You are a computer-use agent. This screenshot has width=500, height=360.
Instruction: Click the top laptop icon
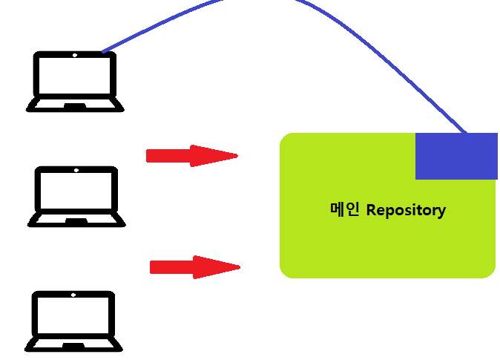coord(75,81)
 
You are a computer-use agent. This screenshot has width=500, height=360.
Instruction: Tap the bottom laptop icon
coord(73,321)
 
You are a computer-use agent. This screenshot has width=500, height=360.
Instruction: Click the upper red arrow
coord(191,156)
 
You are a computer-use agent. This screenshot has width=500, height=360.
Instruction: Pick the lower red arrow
coord(194,267)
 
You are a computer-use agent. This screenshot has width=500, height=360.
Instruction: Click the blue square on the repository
coord(455,156)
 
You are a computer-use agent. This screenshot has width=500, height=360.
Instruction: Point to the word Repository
coord(406,210)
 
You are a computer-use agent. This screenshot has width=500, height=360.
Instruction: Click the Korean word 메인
coord(344,209)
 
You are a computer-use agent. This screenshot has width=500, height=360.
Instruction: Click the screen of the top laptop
coord(75,75)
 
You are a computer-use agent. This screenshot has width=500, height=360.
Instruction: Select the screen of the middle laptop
coord(76,190)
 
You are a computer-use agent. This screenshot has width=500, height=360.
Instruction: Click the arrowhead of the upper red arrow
coord(215,156)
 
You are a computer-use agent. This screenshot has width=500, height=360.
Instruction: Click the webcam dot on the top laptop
coord(75,55)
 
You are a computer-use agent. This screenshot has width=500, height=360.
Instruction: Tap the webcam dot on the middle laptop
coord(76,170)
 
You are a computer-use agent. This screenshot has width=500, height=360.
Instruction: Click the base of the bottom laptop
coord(73,345)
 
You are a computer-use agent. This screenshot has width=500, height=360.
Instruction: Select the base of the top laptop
coord(75,105)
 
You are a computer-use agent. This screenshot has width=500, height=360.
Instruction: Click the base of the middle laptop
coord(76,220)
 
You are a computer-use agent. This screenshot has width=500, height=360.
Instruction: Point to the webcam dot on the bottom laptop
coord(73,295)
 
